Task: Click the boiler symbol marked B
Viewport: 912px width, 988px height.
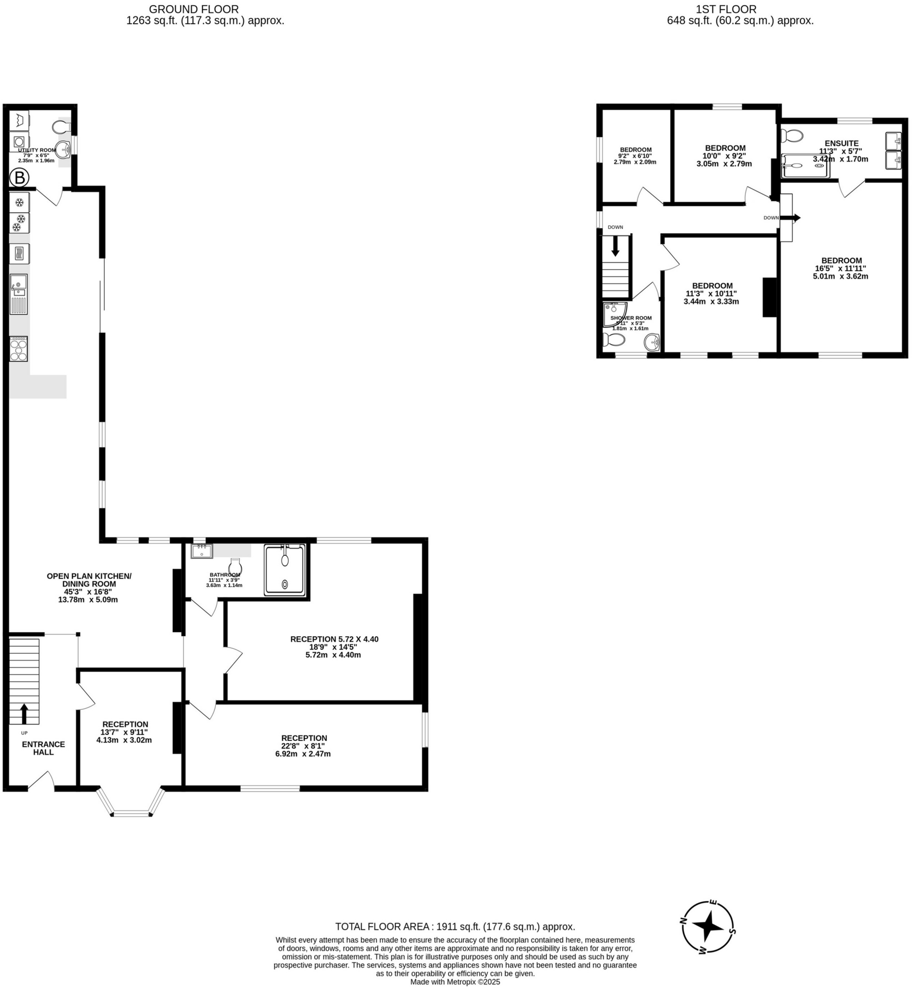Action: click(19, 178)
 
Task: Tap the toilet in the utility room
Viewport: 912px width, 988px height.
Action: click(62, 128)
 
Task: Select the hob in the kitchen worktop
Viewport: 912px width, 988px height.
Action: click(19, 349)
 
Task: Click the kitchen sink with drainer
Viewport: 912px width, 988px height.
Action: click(19, 294)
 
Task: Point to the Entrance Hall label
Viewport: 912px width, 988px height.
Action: click(43, 748)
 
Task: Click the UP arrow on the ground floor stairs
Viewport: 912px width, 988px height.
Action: click(24, 713)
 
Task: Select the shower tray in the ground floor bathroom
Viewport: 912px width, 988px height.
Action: click(285, 570)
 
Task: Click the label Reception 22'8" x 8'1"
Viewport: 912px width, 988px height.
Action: click(303, 746)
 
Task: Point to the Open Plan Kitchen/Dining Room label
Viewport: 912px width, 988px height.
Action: click(89, 588)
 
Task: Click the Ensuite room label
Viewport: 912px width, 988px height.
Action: click(842, 143)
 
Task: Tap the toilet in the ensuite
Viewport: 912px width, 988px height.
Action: click(792, 135)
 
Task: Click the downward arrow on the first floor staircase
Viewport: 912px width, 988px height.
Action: click(615, 246)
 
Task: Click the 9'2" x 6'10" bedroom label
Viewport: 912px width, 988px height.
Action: click(636, 155)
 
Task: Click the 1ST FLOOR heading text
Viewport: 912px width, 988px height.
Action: click(725, 9)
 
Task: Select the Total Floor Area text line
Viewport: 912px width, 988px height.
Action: click(455, 926)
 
